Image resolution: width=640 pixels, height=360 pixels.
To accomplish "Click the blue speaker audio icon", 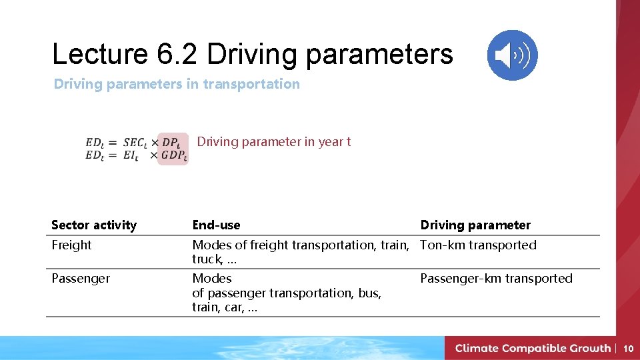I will [512, 55].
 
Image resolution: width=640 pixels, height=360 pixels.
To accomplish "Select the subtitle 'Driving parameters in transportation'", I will [177, 84].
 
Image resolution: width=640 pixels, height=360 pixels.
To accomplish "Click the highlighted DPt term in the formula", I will [171, 143].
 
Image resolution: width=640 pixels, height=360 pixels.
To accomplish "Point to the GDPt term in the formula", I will [175, 155].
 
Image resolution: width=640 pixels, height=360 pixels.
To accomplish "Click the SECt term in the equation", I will [135, 143].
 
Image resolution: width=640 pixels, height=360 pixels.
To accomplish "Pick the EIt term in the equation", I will [131, 155].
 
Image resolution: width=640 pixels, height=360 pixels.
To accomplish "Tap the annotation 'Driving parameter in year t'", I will [273, 141].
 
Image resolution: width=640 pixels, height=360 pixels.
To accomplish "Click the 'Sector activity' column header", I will [94, 225].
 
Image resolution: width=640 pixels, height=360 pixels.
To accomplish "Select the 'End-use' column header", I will [216, 225].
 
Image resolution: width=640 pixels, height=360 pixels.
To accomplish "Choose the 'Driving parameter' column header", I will [475, 225].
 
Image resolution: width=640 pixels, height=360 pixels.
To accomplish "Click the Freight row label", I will [71, 245].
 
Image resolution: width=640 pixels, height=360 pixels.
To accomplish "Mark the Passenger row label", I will [81, 279].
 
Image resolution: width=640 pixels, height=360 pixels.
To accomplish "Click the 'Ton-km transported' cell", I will [478, 245].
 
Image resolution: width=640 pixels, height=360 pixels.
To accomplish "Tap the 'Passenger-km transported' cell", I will [496, 279].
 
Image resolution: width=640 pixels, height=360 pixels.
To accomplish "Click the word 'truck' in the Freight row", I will [206, 259].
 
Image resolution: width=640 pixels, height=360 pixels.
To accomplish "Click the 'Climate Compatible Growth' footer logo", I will [532, 348].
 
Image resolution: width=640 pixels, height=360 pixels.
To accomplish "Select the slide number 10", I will [628, 348].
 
